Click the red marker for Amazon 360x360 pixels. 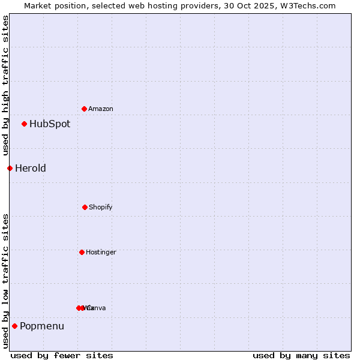[x=84, y=109]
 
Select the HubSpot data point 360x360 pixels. [x=24, y=124]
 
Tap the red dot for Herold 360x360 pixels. [x=10, y=168]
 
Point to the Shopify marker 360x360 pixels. [x=85, y=207]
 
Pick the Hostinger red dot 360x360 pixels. [x=82, y=252]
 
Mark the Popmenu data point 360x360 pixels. [x=14, y=326]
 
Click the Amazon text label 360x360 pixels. [x=101, y=109]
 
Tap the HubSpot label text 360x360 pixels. [x=50, y=124]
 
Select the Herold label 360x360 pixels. [x=31, y=169]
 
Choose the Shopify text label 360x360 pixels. [x=101, y=207]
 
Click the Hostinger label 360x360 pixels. [x=101, y=252]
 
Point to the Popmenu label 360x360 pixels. [x=42, y=326]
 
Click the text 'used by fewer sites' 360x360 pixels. [x=62, y=355]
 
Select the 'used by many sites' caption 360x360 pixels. [x=301, y=355]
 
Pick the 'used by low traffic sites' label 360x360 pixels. [x=5, y=281]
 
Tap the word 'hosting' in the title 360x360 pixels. [x=152, y=5]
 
